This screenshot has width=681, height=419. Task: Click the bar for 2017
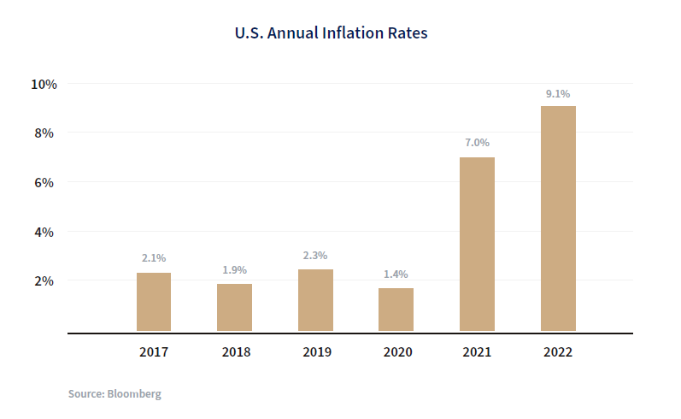click(154, 302)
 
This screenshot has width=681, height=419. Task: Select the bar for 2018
click(234, 307)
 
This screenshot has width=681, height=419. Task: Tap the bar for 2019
click(315, 300)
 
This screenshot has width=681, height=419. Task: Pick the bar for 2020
click(396, 310)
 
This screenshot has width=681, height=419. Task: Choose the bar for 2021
click(477, 244)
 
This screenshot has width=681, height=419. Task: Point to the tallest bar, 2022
click(558, 218)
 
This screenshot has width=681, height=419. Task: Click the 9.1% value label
click(558, 93)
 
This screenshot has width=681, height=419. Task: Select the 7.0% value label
click(477, 143)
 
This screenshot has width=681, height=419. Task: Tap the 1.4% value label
click(396, 274)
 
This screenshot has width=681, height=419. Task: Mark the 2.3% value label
click(315, 255)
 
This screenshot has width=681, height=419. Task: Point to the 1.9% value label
click(234, 269)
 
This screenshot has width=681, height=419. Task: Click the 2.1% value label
click(154, 257)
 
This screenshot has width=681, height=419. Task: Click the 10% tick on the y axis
click(44, 84)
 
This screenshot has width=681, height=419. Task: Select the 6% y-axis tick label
click(44, 182)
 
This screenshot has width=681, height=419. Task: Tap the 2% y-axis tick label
click(44, 280)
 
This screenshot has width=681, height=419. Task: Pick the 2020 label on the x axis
click(396, 352)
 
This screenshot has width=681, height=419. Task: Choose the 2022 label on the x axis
click(558, 352)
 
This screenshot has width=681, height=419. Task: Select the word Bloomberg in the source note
click(134, 394)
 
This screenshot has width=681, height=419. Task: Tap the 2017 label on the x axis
click(154, 352)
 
